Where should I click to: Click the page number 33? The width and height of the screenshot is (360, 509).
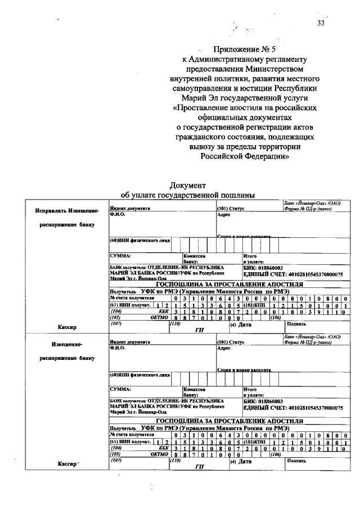321,23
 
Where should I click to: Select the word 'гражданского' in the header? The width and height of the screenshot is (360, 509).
201,137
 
